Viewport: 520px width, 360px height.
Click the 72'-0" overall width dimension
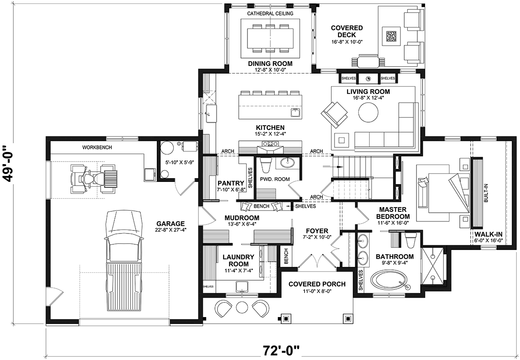point(281,350)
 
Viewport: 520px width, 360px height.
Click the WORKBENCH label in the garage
point(97,147)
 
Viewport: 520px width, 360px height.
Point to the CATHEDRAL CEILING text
point(270,13)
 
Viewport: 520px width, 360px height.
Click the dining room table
point(270,38)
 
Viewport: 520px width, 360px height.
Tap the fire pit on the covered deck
point(392,36)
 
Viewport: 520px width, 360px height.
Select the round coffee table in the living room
point(368,112)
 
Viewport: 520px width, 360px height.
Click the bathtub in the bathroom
point(389,280)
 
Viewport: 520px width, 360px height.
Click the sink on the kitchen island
point(295,113)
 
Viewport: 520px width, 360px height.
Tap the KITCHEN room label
point(270,128)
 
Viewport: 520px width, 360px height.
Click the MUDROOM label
point(242,218)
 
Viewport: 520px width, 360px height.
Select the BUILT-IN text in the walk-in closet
point(486,193)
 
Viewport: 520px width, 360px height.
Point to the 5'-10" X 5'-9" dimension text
point(179,163)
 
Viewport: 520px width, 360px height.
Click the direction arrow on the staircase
point(333,167)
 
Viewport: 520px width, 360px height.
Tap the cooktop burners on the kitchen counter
point(270,143)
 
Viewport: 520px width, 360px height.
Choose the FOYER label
point(317,231)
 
